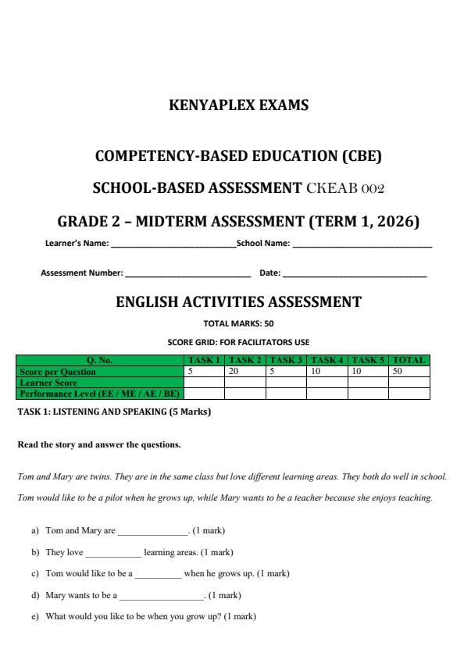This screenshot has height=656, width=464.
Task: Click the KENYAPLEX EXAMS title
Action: [x=238, y=105]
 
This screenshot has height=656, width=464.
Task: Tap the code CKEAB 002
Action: [x=346, y=188]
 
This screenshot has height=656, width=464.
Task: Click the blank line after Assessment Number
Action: [x=187, y=273]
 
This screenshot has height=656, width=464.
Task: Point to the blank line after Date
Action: [x=355, y=273]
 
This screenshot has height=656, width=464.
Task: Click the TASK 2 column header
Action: [x=244, y=360]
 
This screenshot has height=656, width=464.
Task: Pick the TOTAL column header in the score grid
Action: [x=409, y=360]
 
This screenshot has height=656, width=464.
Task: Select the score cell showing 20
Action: [x=244, y=372]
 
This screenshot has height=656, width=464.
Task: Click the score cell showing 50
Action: [x=409, y=372]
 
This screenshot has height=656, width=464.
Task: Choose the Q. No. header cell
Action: [x=99, y=360]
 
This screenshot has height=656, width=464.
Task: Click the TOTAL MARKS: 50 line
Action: [x=238, y=323]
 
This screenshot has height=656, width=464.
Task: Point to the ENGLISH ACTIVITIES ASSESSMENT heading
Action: [x=238, y=302]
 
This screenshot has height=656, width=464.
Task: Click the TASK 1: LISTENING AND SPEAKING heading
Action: [x=114, y=412]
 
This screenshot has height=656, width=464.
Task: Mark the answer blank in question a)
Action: [x=152, y=532]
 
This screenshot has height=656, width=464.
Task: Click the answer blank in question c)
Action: [x=158, y=574]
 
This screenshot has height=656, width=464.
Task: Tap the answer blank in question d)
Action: [x=162, y=596]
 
